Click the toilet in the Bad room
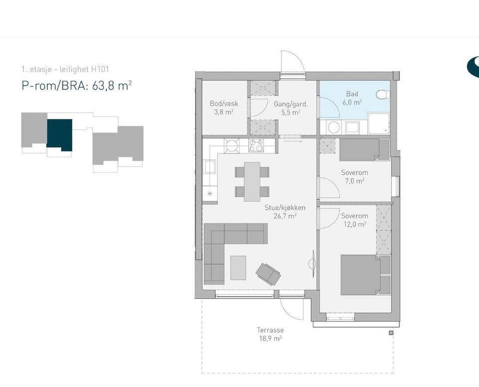383,94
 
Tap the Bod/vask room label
224,107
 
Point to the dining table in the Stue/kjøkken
252,182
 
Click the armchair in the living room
268,274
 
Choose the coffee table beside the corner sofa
239,268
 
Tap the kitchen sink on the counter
210,167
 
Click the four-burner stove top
256,145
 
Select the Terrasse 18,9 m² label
270,334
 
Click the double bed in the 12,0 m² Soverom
366,275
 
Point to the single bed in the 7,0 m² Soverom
364,149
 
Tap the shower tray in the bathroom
379,123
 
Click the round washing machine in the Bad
334,127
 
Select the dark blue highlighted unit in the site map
59,135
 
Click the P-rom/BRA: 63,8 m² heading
77,85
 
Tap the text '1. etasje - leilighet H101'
65,69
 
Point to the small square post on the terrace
391,333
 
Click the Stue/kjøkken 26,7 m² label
285,212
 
